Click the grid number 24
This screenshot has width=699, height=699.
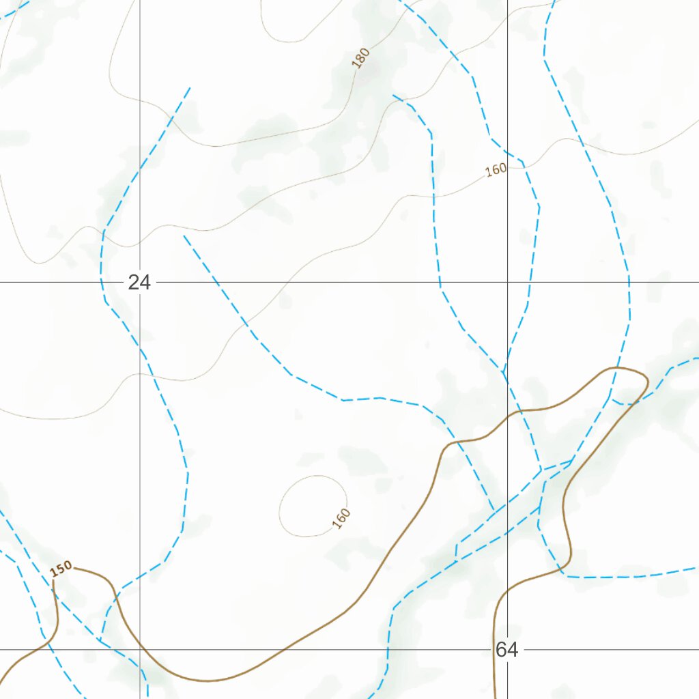click(139, 282)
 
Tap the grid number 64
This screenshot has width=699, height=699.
click(507, 650)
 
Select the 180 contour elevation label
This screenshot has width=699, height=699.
click(361, 58)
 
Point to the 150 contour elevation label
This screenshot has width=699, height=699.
click(61, 569)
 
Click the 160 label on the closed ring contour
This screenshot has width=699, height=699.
click(341, 518)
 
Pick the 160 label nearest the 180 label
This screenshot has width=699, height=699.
click(496, 169)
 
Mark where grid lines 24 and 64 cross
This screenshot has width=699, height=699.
click(507, 282)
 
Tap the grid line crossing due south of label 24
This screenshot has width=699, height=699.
click(140, 650)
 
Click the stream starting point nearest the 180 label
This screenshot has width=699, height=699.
click(394, 96)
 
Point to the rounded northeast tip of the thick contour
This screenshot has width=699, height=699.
click(645, 377)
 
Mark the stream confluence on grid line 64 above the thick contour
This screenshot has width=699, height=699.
click(504, 373)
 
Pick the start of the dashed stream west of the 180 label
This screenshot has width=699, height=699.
click(189, 88)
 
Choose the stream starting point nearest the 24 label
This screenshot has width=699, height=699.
click(184, 236)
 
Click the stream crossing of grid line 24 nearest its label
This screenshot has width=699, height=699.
click(101, 282)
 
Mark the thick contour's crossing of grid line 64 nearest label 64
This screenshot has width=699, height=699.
click(496, 650)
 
